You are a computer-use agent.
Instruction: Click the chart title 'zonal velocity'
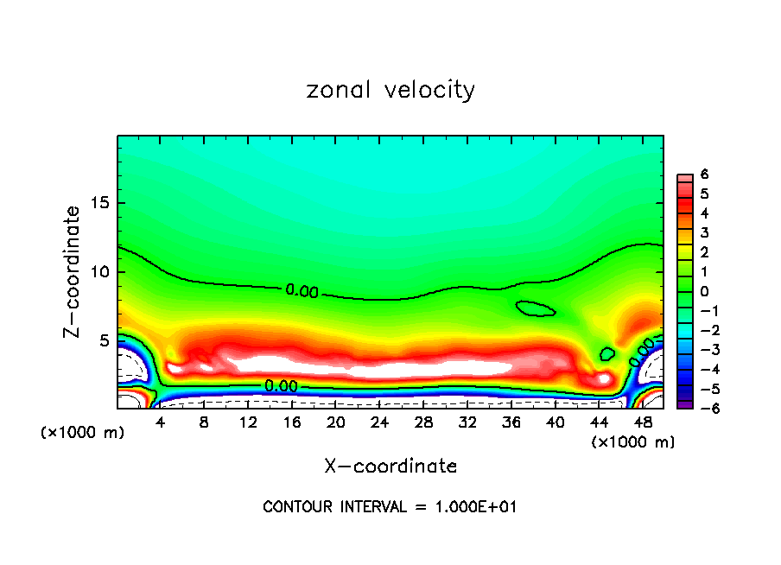point(390,90)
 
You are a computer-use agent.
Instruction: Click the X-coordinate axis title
point(390,467)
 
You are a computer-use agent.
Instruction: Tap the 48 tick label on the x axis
point(642,423)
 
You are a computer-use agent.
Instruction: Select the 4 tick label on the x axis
point(161,423)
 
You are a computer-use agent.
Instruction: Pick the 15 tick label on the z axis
point(100,204)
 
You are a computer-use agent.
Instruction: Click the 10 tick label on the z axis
point(100,272)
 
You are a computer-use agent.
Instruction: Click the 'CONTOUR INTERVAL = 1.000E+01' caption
point(390,507)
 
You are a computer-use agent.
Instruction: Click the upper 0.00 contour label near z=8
point(302,291)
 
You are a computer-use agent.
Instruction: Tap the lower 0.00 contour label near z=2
point(281,386)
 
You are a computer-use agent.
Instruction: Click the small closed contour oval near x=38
point(535,308)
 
